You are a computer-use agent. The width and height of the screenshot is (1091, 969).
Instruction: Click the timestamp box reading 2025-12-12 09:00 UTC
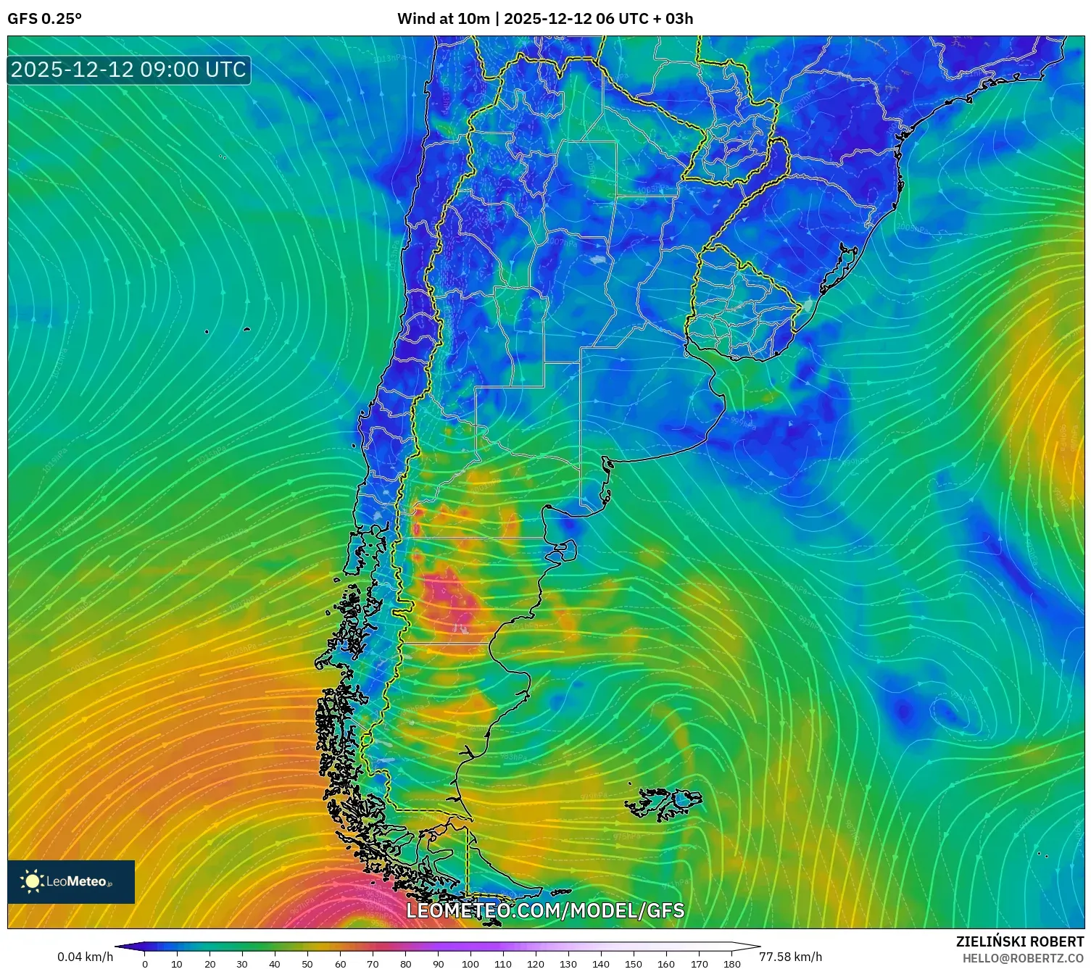coord(129,70)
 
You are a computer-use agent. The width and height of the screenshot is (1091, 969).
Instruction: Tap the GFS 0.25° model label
coord(44,19)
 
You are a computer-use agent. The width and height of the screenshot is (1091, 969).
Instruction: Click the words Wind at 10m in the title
coord(443,19)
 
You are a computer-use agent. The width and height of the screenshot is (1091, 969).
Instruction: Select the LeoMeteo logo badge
coord(71,881)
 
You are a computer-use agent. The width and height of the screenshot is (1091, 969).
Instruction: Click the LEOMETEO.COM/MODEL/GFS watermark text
coord(545,910)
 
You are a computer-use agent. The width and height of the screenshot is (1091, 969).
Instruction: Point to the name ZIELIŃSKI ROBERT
coord(1019,941)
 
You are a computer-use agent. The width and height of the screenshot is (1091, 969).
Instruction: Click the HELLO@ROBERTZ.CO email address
coord(1023,958)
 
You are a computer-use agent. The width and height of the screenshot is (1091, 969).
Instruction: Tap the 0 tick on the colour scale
coord(145,963)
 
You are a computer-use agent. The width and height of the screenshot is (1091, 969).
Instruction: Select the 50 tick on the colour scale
coord(307,963)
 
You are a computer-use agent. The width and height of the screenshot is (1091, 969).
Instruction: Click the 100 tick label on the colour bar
coord(470,963)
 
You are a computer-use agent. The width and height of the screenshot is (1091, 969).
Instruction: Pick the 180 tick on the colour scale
coord(731,963)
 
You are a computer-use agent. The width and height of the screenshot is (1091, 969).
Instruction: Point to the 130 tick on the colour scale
coord(568,963)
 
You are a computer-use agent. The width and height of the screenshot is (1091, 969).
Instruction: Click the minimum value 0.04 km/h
coord(86,957)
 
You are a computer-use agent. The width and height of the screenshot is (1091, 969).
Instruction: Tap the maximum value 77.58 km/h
coord(790,957)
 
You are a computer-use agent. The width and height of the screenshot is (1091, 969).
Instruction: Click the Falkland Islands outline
coord(663,803)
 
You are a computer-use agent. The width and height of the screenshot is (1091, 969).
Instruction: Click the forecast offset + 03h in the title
coord(675,19)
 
